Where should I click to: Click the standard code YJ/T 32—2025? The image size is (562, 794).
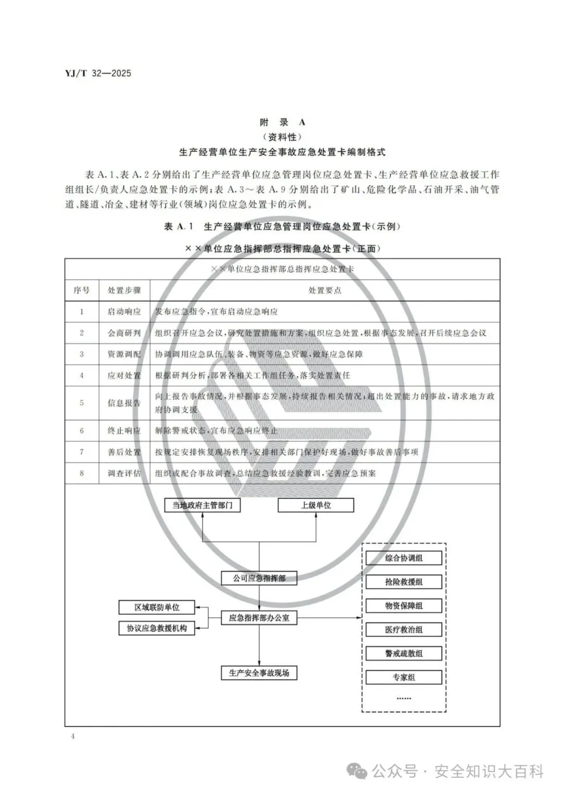(98, 73)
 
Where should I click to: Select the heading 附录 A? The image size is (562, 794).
(283, 123)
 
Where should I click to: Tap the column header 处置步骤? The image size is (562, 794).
(124, 290)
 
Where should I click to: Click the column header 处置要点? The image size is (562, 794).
(325, 290)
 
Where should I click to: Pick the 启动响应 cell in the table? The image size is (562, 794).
(124, 312)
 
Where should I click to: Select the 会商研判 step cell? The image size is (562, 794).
(124, 333)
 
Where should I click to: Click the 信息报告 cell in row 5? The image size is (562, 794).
(124, 402)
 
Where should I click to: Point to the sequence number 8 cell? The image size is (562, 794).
(82, 473)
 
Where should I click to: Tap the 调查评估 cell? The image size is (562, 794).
(124, 473)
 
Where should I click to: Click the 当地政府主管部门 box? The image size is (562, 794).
(202, 505)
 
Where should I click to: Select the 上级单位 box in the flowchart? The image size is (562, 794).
(316, 505)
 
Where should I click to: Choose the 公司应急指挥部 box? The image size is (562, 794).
(259, 578)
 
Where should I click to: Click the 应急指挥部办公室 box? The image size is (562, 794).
(259, 618)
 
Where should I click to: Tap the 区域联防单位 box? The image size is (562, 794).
(157, 607)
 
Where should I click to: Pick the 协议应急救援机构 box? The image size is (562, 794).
(157, 628)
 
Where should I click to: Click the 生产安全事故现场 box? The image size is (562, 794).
(259, 673)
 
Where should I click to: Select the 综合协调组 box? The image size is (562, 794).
(404, 558)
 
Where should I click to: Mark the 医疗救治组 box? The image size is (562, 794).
(404, 630)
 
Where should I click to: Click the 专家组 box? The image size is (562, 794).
(404, 678)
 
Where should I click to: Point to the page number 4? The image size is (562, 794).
(72, 736)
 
